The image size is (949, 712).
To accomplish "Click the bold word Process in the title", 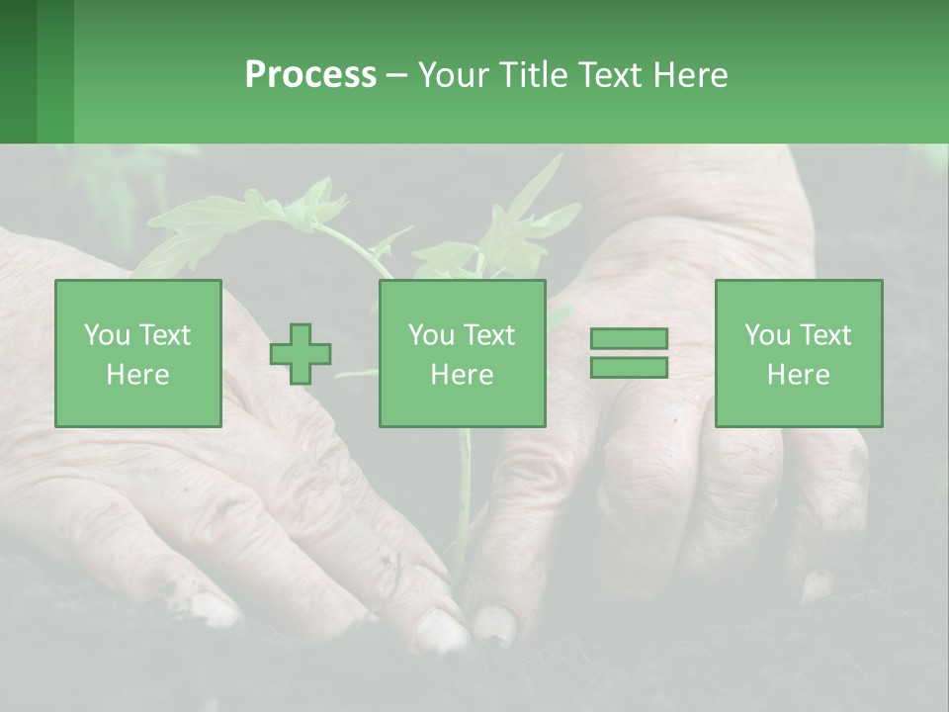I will coord(310,75).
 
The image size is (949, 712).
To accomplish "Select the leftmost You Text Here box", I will coord(137,354).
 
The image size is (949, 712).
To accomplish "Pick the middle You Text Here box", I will coord(462,354).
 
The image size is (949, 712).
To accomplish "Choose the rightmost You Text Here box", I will coord(798,354).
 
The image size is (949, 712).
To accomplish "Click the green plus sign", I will coord(301,354).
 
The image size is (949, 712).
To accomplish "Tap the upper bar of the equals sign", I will coord(629,339).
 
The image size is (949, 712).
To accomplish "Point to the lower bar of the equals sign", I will coord(629,367).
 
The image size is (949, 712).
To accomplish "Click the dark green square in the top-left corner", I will coord(18,71).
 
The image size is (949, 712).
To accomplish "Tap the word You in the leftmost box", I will coord(105,335).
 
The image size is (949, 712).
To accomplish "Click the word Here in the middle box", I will coord(462,375).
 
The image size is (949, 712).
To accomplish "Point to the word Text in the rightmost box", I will coord(825,335).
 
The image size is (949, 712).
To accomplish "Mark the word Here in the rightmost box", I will coord(798,375).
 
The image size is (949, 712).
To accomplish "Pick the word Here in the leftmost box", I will coord(137,375).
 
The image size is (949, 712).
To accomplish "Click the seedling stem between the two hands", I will coord(463,494).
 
